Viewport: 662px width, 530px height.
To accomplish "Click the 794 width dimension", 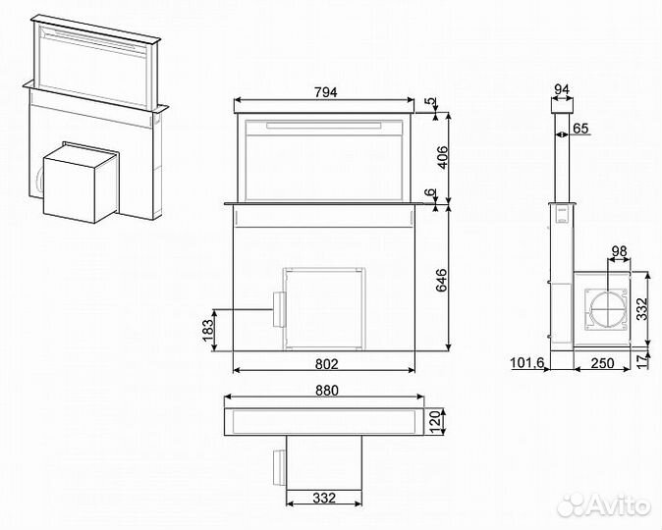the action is (325, 92).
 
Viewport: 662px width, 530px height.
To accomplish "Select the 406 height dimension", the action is (442, 157).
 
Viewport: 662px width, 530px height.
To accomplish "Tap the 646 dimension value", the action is (442, 280).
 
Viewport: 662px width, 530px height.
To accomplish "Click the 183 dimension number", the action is (207, 330).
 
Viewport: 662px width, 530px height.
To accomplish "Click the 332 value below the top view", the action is (324, 499).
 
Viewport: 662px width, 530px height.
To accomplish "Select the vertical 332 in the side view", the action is (641, 312).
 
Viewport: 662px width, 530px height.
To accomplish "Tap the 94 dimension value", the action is (562, 90).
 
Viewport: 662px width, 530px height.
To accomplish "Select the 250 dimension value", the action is (602, 364).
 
